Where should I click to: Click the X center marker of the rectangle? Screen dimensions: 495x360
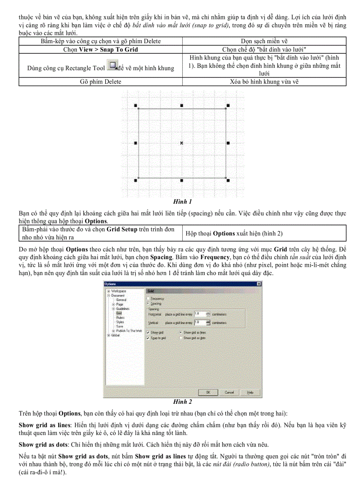(x=182, y=143)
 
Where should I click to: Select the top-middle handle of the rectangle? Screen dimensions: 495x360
(x=182, y=106)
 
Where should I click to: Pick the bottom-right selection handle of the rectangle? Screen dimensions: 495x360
(x=228, y=180)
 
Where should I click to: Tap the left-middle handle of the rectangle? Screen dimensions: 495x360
(x=135, y=143)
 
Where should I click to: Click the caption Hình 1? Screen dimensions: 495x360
(x=182, y=201)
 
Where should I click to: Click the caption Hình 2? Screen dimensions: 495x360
(x=182, y=402)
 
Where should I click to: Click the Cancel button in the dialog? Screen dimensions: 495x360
(x=229, y=392)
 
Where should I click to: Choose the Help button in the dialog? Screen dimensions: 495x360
(x=250, y=392)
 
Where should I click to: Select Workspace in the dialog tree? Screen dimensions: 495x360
(x=118, y=291)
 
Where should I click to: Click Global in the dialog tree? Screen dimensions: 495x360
(x=115, y=335)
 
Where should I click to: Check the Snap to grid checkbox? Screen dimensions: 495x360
(x=148, y=338)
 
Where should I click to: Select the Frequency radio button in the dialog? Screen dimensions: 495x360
(x=148, y=298)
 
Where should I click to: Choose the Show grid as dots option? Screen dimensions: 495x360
(x=181, y=338)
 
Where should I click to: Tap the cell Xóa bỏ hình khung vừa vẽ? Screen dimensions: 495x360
(x=264, y=82)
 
